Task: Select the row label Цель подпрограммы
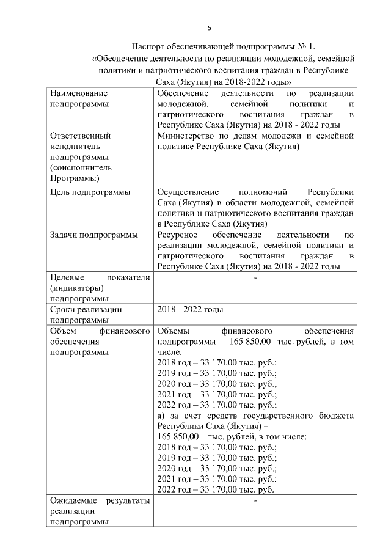coord(90,192)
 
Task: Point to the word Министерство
coord(186,136)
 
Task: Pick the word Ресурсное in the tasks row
coord(177,234)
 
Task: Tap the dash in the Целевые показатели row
coord(255,278)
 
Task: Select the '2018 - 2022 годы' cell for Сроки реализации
coord(190,310)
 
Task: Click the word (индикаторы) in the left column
coord(77,288)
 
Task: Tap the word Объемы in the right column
coord(174,331)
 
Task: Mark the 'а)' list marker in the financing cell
coord(162,416)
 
